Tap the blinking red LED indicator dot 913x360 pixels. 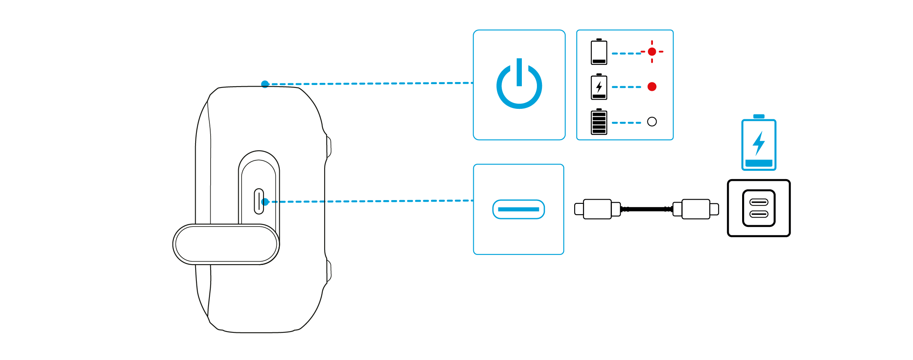coord(652,51)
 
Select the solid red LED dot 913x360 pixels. coord(652,87)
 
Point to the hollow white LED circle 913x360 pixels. coord(652,122)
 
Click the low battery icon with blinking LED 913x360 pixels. coord(598,52)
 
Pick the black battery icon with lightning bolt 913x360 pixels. coord(598,87)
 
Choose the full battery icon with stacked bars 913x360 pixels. coord(598,122)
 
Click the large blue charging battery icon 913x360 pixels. coord(758,144)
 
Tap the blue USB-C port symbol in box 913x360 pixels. coord(518,209)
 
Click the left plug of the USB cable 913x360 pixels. coord(597,209)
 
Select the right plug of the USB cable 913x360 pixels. coord(696,209)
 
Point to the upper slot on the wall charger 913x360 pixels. coord(758,202)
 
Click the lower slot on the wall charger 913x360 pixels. coord(758,214)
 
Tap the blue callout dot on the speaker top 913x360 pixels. coord(265,84)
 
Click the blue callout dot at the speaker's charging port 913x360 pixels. coord(265,202)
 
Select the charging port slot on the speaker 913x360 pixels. coord(259,201)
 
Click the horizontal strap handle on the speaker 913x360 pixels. coord(226,244)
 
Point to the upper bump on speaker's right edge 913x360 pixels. coord(328,147)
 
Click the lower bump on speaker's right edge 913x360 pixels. coord(328,270)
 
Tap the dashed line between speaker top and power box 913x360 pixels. coord(369,83)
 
